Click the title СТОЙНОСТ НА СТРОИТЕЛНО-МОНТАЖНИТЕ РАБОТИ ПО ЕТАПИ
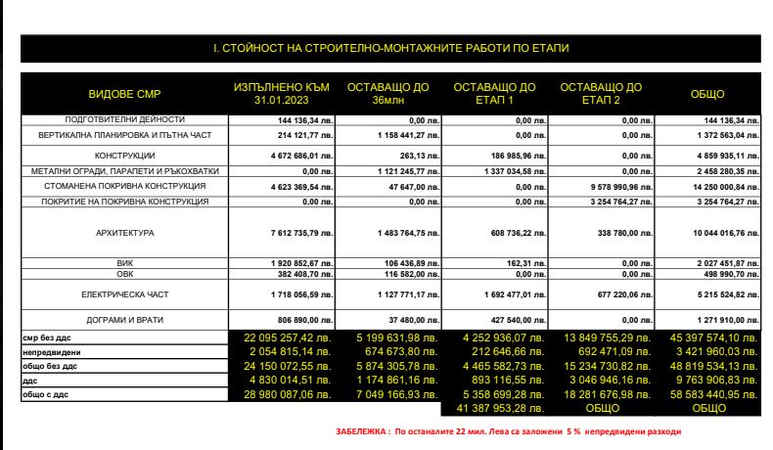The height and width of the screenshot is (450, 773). [x=391, y=47]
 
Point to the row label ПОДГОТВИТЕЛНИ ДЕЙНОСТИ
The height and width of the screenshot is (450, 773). [x=125, y=118]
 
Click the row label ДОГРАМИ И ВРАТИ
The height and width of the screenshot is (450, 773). [x=125, y=321]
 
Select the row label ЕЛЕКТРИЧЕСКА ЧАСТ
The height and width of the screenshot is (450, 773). [x=125, y=292]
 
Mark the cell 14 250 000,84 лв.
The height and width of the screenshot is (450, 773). [x=717, y=186]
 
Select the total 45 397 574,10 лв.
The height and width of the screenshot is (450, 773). [x=717, y=337]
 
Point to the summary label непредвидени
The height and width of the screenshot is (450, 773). [x=49, y=349]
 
